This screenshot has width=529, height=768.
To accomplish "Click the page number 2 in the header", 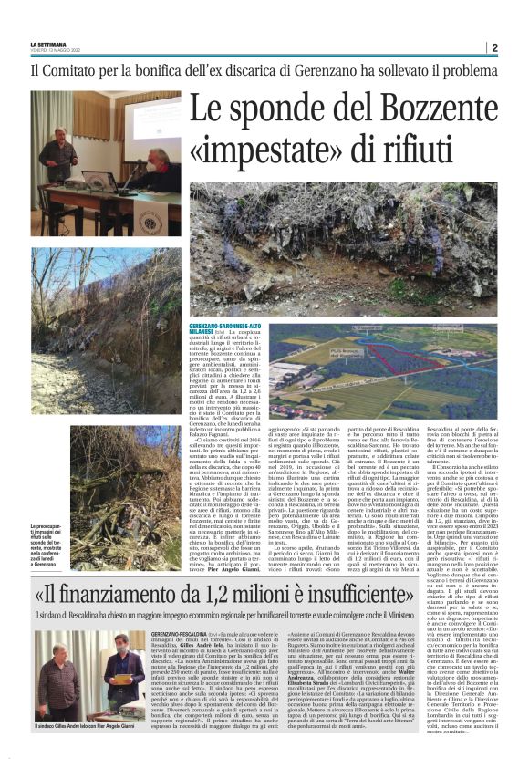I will point(493,48).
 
